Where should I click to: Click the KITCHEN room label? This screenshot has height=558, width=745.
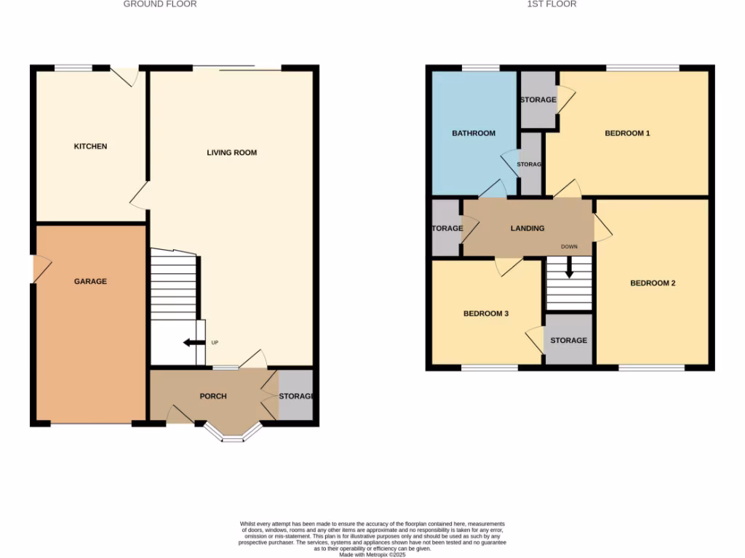(x=90, y=147)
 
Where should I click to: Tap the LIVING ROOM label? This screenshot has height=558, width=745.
(x=232, y=153)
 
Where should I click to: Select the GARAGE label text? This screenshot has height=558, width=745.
(x=90, y=281)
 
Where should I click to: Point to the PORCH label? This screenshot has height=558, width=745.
(x=213, y=396)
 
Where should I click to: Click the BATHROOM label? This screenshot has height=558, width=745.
(x=474, y=133)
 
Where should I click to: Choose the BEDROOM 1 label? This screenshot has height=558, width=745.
(x=627, y=133)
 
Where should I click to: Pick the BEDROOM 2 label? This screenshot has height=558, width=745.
(x=653, y=283)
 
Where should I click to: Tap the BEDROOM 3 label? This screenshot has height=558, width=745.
(x=486, y=314)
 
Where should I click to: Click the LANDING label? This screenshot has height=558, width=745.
(x=527, y=228)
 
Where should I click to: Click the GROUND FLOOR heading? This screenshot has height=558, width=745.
(x=160, y=4)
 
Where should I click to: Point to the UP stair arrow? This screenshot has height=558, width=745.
(x=193, y=343)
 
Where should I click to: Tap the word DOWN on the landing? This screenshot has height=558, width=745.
(x=569, y=247)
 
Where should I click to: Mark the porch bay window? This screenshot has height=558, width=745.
(x=232, y=434)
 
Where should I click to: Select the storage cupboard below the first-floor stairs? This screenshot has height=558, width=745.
(x=569, y=339)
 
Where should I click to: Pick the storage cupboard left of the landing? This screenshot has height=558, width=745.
(x=445, y=228)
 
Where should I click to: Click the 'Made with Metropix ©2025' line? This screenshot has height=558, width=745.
(x=372, y=554)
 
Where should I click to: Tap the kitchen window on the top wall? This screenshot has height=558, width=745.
(x=73, y=68)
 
